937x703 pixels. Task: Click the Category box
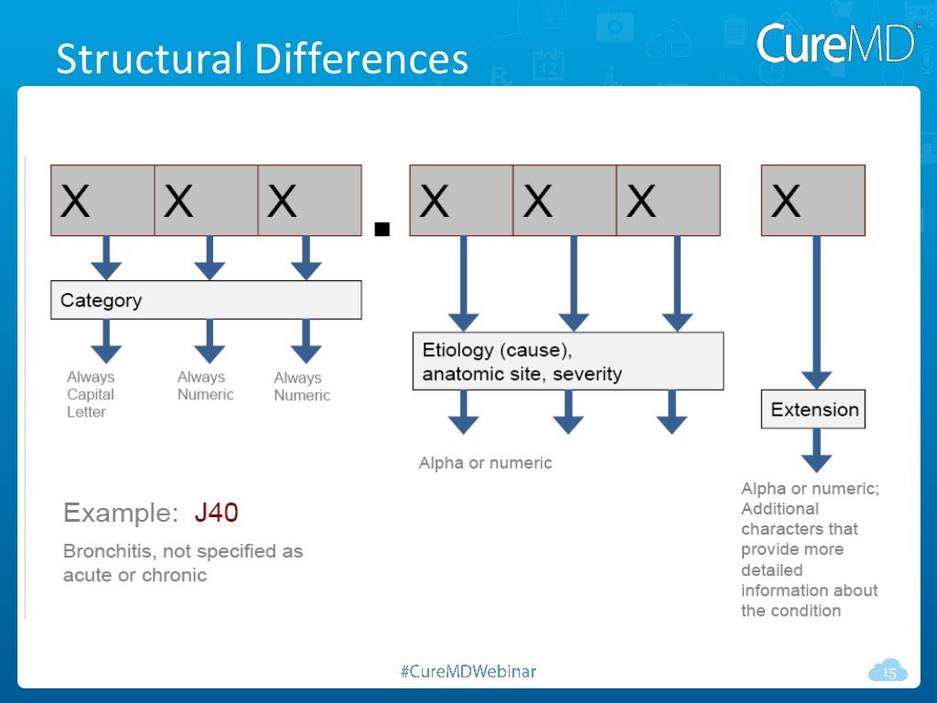coord(206,300)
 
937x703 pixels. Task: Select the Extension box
coord(813,409)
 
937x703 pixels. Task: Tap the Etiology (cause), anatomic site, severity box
coord(567,362)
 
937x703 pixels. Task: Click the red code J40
coord(216,513)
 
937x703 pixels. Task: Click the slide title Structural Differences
coord(262,59)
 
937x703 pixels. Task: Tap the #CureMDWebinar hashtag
coord(468,672)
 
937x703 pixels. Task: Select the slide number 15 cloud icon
coord(888,673)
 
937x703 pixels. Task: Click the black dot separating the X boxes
coord(383,229)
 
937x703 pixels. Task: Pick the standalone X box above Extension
coord(813,200)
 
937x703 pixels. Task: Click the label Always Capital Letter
coord(91,395)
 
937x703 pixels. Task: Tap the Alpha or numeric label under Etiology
coord(485,463)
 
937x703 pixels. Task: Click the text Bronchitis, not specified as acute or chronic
coord(182,563)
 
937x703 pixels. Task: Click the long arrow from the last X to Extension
coord(816,311)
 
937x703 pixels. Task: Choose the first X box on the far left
coord(102,200)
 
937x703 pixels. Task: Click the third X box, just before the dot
coord(309,200)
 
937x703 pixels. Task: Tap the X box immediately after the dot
coord(461,200)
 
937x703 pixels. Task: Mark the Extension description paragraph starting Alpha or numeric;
coord(810,549)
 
